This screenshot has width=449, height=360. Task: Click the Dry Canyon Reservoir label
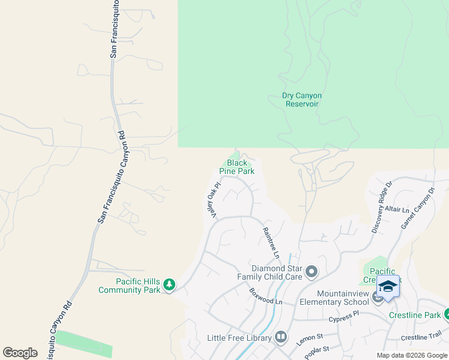[x=302, y=100]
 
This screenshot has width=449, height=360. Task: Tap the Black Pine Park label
[x=237, y=167]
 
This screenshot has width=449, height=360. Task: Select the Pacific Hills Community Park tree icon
[x=170, y=284]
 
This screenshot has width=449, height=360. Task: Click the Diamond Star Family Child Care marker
[x=311, y=272]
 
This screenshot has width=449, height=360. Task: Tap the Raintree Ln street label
[x=271, y=242]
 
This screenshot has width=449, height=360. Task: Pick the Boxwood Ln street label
[x=266, y=296]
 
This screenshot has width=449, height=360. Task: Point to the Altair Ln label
[x=397, y=210]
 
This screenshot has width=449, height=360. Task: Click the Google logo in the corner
[x=20, y=353]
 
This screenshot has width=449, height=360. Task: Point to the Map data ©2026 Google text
[x=412, y=355]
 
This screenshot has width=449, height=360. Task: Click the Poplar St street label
[x=317, y=353]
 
